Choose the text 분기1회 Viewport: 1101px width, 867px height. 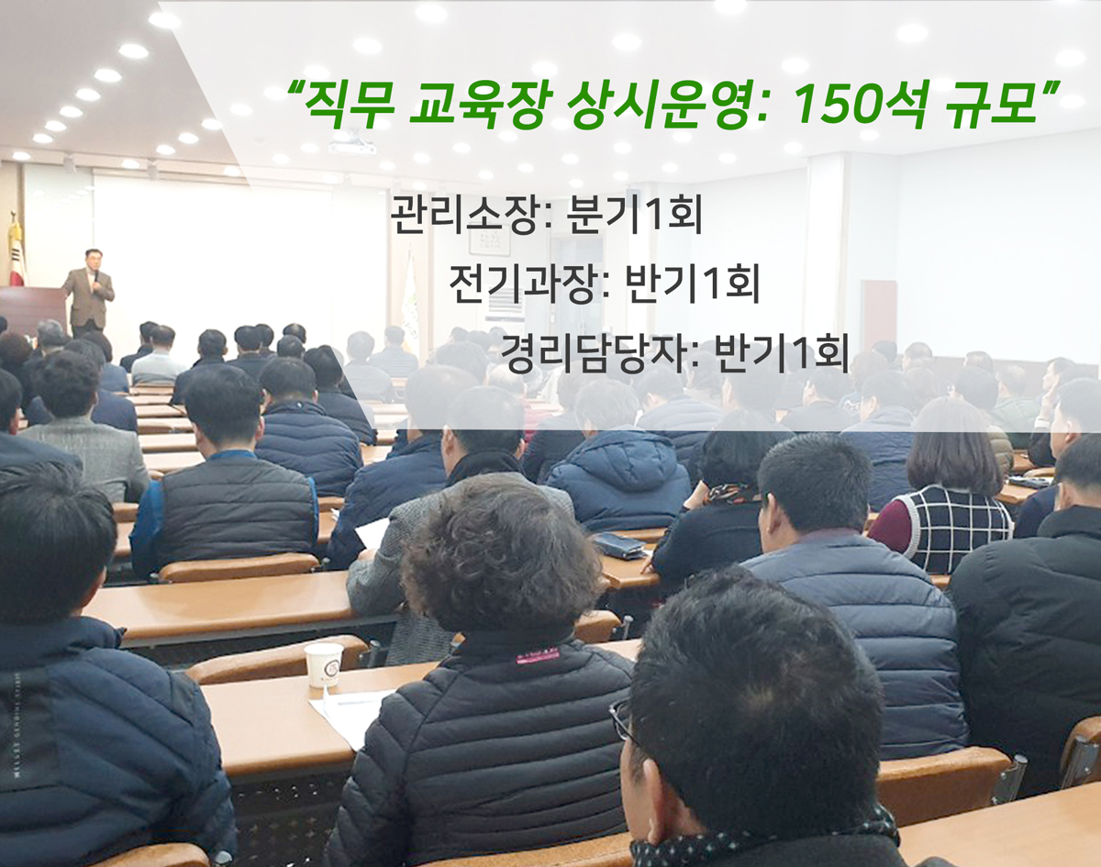click(633, 215)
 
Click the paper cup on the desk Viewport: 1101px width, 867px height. click(323, 665)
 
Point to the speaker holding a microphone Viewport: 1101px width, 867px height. click(90, 293)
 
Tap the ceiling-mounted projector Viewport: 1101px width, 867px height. click(352, 144)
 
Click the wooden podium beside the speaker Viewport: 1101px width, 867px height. click(32, 311)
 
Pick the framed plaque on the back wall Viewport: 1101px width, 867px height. click(490, 241)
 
